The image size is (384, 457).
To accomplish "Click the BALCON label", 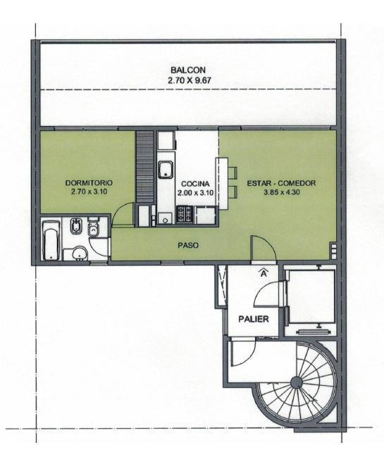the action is pos(188,70).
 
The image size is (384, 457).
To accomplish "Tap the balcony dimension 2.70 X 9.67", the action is pos(190,80).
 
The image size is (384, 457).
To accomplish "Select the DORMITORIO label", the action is pos(89,183).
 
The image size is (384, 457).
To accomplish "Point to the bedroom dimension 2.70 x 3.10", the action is pos(89,192).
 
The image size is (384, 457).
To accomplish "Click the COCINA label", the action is pos(195,184).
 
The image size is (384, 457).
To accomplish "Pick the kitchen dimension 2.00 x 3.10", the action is pos(195,193).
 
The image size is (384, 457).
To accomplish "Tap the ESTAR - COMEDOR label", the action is pos(281,183).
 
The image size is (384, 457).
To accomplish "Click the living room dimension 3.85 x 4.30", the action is pos(282,192).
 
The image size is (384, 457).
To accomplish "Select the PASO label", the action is pos(188,246).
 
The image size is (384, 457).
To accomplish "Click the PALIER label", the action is pos(254,319).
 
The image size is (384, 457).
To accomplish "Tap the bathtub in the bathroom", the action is pos(51,240).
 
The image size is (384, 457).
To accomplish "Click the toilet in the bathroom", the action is pos(93,227).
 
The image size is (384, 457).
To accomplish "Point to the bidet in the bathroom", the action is pos(76,226).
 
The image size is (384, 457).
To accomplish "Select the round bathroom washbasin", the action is pos(80,253).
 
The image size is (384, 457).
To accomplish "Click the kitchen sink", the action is pos(166,170).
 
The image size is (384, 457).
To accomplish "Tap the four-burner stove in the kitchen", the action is pos(185,215).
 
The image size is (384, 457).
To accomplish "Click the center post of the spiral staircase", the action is pos(296,382).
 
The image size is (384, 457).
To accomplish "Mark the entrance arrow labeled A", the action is pos(264,273).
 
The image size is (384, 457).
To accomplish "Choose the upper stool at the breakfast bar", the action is pos(233,172).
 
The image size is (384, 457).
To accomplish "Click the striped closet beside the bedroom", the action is pos(145,167).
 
